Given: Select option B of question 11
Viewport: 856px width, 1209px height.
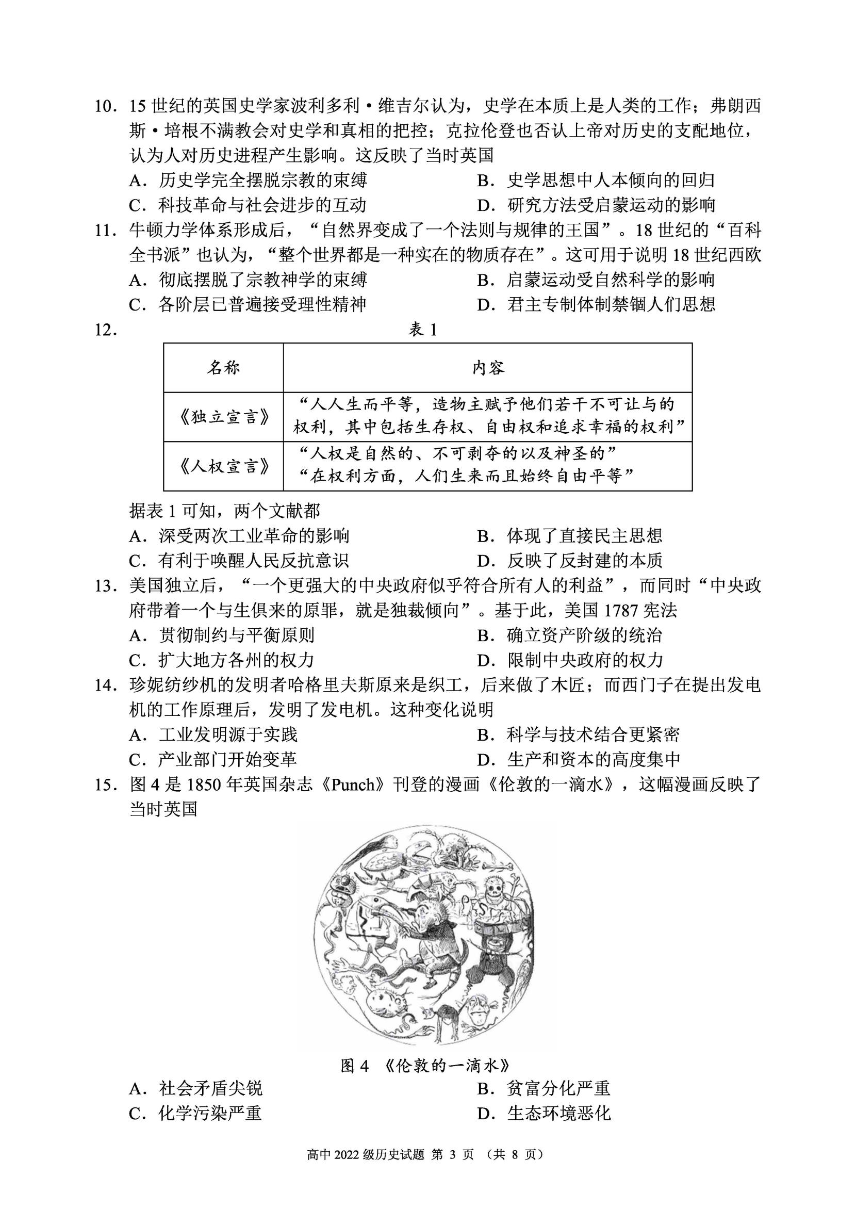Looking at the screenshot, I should (596, 280).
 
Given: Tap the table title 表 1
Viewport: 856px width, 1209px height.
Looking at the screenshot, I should (423, 330).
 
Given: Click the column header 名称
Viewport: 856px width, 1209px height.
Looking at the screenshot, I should (223, 368).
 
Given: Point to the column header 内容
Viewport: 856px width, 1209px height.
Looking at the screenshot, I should (488, 368).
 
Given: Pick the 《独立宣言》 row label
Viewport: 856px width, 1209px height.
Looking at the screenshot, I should (224, 417).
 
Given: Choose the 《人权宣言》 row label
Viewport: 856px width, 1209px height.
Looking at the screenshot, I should (224, 467).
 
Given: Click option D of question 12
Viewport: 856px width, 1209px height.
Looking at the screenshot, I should (569, 561).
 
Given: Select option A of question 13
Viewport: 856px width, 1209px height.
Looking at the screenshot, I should (221, 635).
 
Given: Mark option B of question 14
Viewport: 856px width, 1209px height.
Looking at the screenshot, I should (578, 734).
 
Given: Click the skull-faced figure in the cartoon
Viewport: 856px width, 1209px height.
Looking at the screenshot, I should (497, 886).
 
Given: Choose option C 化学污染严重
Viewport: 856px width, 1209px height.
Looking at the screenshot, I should (195, 1113).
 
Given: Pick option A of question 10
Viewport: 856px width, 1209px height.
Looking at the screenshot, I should (248, 181).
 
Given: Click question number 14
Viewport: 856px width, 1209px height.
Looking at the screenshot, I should (105, 685).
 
